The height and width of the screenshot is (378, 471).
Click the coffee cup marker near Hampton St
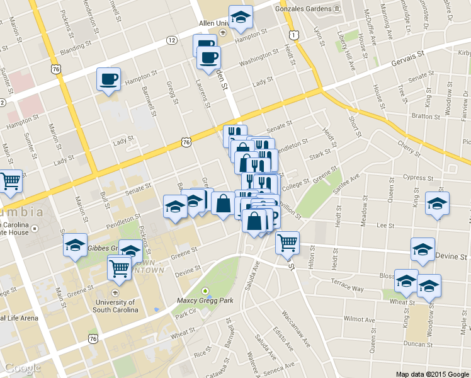(x=108, y=79)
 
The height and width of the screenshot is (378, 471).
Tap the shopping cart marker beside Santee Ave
(x=287, y=242)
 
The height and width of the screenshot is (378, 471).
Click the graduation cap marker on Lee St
(x=437, y=203)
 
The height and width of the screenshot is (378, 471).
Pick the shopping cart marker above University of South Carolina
(x=120, y=268)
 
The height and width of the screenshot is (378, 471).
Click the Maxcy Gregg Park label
(x=205, y=301)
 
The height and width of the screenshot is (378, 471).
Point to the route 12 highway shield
(x=172, y=40)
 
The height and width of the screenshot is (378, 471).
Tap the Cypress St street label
(x=414, y=178)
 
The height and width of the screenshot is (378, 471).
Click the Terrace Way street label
(x=349, y=288)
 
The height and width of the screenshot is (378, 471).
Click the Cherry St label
(x=409, y=146)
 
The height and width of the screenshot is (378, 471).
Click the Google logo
(x=22, y=368)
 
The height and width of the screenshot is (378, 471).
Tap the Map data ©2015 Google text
(x=433, y=374)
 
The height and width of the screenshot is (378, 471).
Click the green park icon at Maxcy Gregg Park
(x=205, y=290)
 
